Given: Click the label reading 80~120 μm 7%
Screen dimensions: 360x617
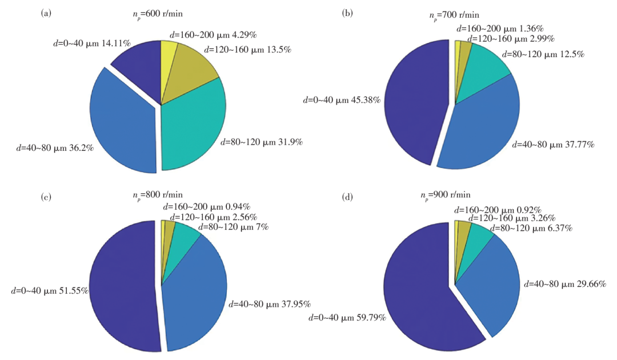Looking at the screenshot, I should point(234,227).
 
